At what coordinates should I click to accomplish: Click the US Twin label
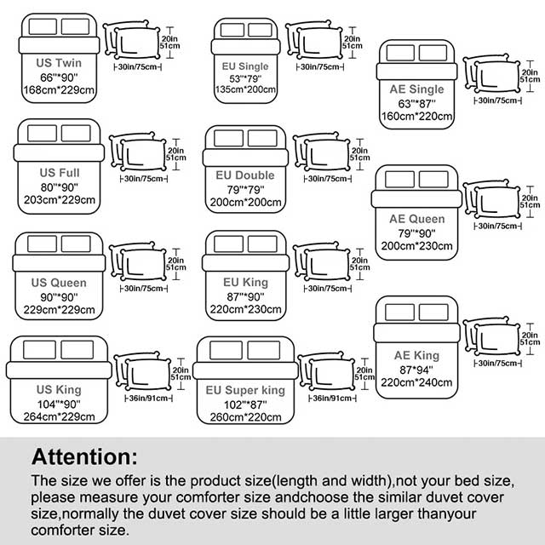click(59, 63)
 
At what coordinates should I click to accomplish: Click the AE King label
click(416, 355)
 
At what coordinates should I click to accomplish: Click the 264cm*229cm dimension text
click(59, 416)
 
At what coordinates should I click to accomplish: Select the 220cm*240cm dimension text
click(416, 383)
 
